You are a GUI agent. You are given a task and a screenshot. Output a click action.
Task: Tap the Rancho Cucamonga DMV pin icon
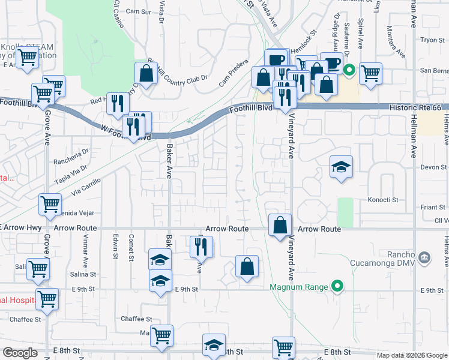pyautogui.click(x=424, y=257)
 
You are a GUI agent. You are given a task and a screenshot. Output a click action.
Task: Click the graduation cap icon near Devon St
pyautogui.click(x=341, y=166)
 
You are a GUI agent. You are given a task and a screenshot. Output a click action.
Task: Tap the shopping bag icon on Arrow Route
pyautogui.click(x=280, y=226)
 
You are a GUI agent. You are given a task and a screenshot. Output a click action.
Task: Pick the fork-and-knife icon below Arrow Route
pyautogui.click(x=201, y=247)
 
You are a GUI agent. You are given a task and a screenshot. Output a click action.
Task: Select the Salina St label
pyautogui.click(x=83, y=274)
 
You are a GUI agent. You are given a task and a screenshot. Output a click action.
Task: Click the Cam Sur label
pyautogui.click(x=139, y=11)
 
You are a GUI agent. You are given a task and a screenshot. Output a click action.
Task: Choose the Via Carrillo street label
pyautogui.click(x=85, y=187)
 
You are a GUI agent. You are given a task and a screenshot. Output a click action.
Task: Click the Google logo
pyautogui.click(x=20, y=353)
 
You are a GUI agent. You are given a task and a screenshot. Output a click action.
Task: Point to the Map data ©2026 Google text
pyautogui.click(x=411, y=355)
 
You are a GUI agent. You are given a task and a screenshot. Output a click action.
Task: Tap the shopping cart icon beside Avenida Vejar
pyautogui.click(x=50, y=204)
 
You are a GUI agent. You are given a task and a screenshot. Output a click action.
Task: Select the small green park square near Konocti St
pyautogui.click(x=345, y=212)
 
